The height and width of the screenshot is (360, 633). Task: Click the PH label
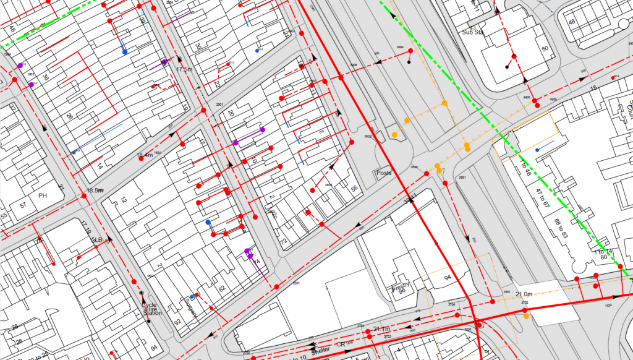tap(43, 195)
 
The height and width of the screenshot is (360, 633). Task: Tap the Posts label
tap(384, 174)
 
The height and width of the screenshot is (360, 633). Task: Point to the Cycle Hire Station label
tap(151, 309)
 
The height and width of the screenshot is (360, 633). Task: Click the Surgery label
tap(190, 307)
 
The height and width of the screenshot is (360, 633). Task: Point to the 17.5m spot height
tap(184, 69)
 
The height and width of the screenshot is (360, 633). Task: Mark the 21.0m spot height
tap(524, 293)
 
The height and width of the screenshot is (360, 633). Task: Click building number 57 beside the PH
tap(23, 205)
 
